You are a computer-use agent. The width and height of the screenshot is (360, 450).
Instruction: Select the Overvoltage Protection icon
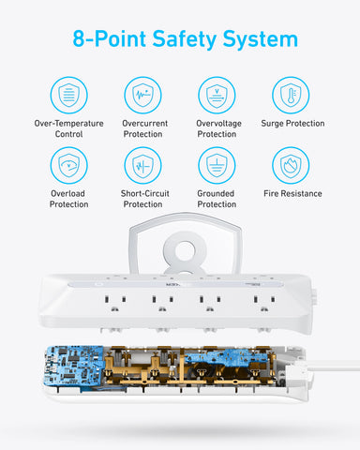pos(217,95)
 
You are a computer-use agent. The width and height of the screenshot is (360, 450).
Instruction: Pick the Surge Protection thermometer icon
pos(292,95)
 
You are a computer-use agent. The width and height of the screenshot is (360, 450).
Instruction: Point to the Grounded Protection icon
pos(217,165)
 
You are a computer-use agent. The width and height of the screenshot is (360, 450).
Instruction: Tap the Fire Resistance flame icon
pos(292,165)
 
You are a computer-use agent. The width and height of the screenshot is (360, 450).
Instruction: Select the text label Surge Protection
pos(292,124)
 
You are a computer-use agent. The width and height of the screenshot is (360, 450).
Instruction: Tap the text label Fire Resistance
pos(292,194)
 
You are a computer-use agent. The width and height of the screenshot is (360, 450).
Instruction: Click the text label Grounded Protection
pos(217,199)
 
